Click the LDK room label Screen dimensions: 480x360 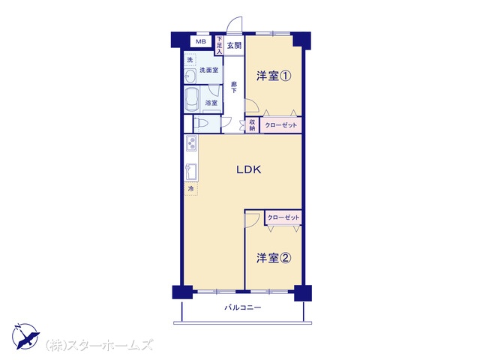pyautogui.click(x=248, y=169)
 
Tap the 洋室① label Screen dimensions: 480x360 pyautogui.click(x=273, y=76)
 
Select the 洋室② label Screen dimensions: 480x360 pyautogui.click(x=273, y=258)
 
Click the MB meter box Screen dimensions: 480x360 pyautogui.click(x=201, y=42)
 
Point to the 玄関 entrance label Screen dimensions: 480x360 pyautogui.click(x=234, y=46)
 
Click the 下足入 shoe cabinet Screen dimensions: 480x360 pyautogui.click(x=219, y=45)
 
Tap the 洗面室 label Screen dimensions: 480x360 pyautogui.click(x=208, y=70)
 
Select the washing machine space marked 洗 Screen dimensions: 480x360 pyautogui.click(x=190, y=60)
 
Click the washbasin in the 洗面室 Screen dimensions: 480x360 pyautogui.click(x=190, y=76)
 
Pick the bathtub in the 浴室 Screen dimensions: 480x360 pyautogui.click(x=192, y=99)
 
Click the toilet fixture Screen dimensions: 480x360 pyautogui.click(x=201, y=123)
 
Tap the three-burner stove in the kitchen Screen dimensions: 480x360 pyautogui.click(x=191, y=143)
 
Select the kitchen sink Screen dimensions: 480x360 pyautogui.click(x=191, y=172)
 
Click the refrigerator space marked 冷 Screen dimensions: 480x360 pyautogui.click(x=191, y=188)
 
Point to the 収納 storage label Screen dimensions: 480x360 pyautogui.click(x=252, y=125)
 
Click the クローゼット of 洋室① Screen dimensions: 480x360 pyautogui.click(x=280, y=125)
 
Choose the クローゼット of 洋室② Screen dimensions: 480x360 pyautogui.click(x=283, y=217)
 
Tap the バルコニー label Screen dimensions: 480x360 pyautogui.click(x=243, y=307)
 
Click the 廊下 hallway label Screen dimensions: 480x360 pyautogui.click(x=234, y=87)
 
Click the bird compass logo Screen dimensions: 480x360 pyautogui.click(x=25, y=336)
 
